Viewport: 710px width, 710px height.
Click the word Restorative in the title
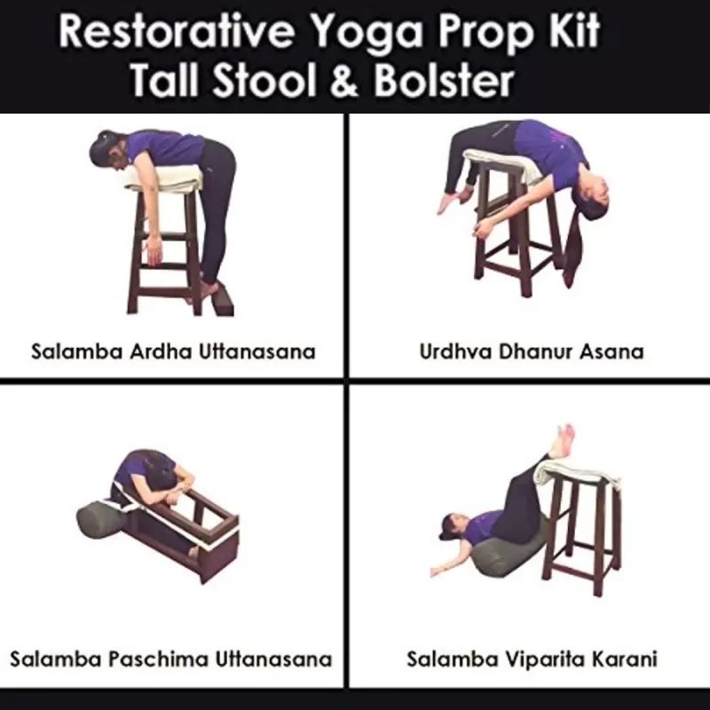tap(177, 31)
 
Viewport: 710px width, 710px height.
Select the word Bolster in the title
tap(445, 81)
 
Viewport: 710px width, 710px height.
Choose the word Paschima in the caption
tap(159, 659)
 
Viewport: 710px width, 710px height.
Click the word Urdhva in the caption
tap(456, 351)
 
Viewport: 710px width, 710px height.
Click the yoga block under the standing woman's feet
tap(222, 299)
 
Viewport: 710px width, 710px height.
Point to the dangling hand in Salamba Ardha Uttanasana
tap(154, 250)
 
